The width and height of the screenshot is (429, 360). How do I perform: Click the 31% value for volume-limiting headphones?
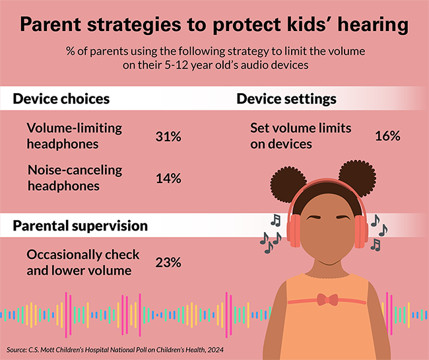point(168,137)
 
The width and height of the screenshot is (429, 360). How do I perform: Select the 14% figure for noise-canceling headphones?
point(168,178)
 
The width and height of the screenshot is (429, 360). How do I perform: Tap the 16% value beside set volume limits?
point(387,136)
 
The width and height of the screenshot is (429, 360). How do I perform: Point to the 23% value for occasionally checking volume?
point(168,262)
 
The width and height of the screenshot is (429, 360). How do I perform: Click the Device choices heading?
point(61,100)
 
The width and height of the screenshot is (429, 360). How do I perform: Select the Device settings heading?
point(286,100)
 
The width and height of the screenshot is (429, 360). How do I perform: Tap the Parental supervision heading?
point(80,225)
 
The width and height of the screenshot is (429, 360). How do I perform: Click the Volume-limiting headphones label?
point(75,135)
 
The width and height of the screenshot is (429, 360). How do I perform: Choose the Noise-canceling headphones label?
point(75,177)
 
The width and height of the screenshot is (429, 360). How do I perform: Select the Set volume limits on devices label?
point(300,135)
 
